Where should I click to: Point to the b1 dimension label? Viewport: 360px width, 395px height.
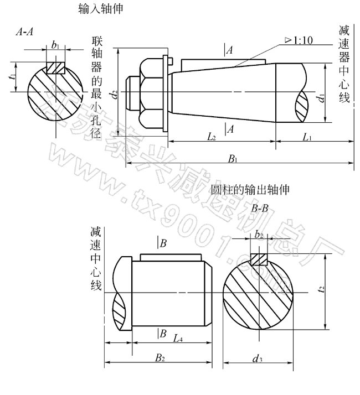pos(55,45)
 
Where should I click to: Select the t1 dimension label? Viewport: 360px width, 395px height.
pos(12,78)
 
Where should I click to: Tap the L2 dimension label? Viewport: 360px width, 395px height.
pos(210,136)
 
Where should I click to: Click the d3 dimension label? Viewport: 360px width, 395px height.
pos(257,360)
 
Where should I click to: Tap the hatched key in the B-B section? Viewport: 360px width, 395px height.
pos(259,259)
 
